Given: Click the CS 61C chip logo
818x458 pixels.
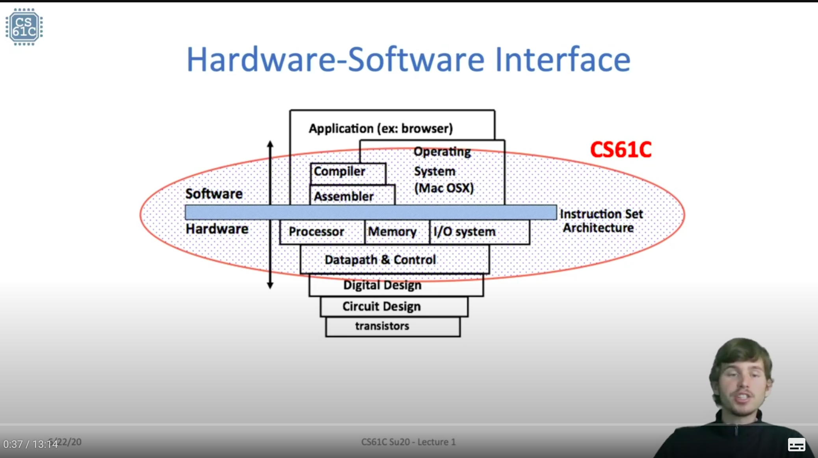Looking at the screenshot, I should [24, 27].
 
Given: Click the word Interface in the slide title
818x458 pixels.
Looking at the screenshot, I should [562, 60].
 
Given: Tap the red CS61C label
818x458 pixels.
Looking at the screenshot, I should [621, 150].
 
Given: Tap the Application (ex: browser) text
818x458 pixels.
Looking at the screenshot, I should [381, 128].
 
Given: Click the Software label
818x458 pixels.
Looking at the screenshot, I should [214, 194].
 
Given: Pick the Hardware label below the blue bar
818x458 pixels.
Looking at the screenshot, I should [217, 229].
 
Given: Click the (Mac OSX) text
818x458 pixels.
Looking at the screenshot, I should [444, 188].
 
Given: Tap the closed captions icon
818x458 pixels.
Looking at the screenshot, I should [796, 445].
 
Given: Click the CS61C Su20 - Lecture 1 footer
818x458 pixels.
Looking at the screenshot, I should [408, 442].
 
